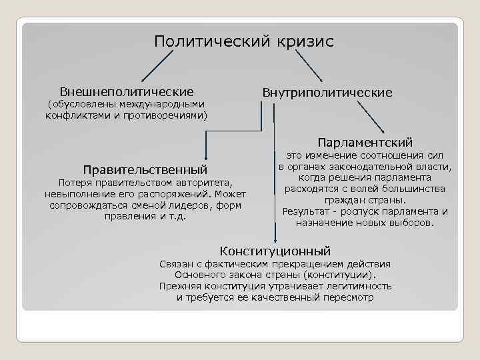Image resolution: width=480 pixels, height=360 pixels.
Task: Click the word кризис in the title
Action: [x=303, y=41]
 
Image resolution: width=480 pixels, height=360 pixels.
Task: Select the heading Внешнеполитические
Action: [x=127, y=91]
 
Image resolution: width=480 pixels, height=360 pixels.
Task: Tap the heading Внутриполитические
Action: [x=327, y=92]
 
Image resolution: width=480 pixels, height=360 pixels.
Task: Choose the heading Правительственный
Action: [x=145, y=168]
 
